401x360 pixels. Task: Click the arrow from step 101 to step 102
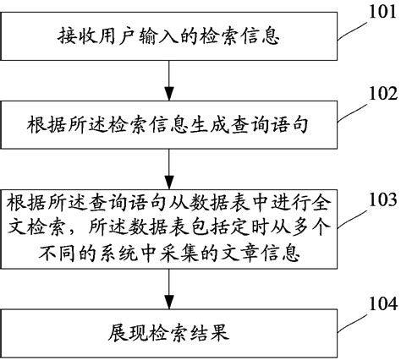point(173,79)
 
